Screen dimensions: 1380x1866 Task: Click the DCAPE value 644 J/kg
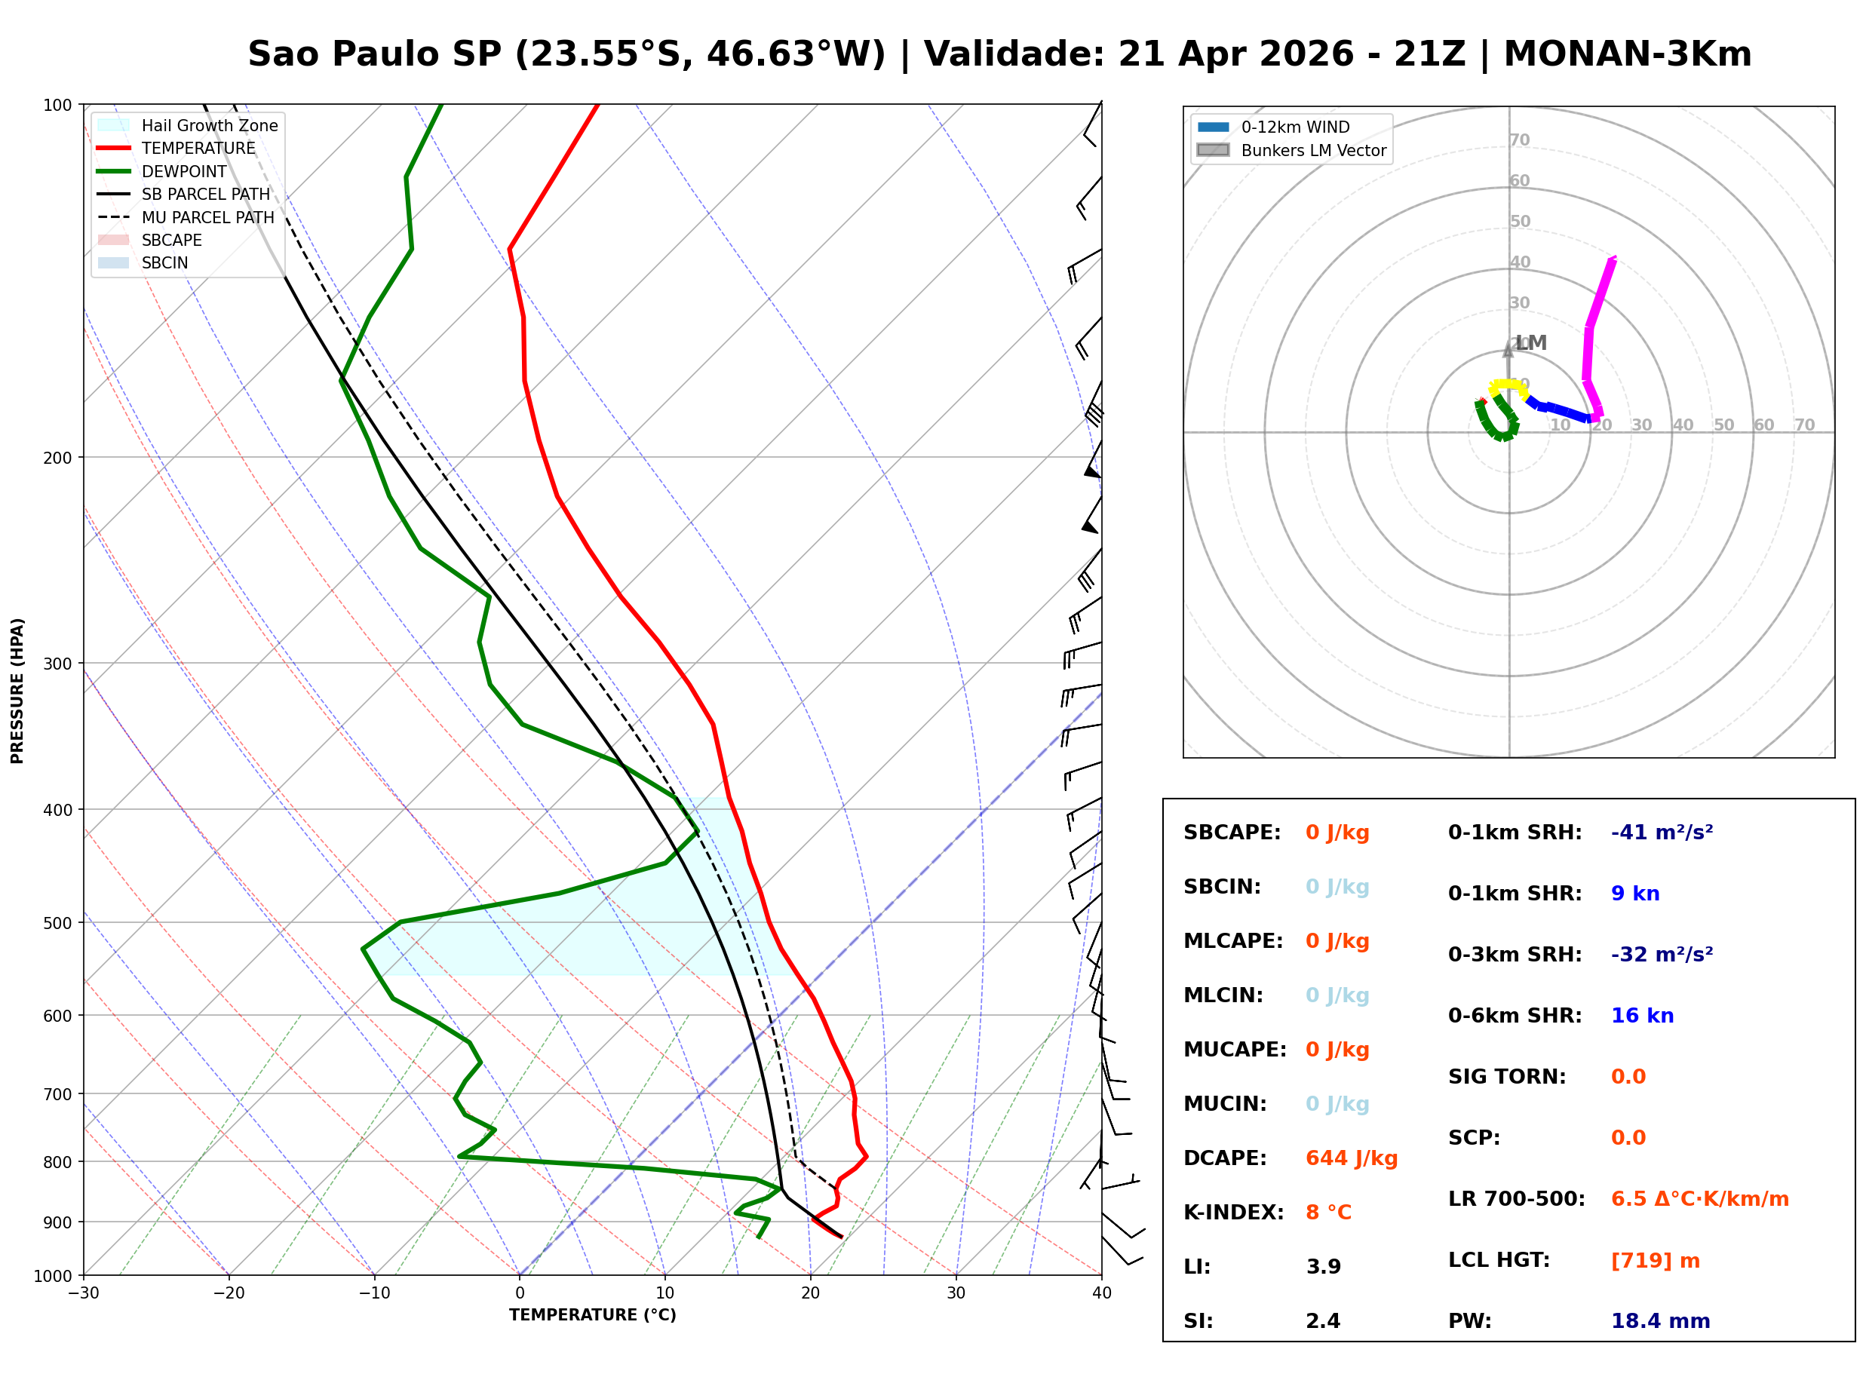1351,1158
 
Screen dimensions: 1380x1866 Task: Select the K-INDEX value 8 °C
1328,1212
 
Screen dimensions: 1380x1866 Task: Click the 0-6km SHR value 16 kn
1641,1015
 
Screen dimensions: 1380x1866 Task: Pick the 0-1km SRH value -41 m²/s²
1662,832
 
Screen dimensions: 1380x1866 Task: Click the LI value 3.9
1323,1266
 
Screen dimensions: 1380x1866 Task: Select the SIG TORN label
1507,1076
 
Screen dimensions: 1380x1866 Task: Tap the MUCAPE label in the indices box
1235,1049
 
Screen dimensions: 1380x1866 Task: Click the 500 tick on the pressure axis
57,923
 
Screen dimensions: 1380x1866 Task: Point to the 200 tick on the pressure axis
57,458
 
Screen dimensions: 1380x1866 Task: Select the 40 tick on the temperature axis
1101,1293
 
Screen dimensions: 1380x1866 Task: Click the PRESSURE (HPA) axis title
17,690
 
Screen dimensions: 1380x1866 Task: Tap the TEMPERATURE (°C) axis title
592,1315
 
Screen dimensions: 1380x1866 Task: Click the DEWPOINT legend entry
184,171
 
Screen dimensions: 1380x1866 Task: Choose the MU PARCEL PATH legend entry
207,217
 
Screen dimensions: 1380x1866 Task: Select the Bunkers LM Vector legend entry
1313,150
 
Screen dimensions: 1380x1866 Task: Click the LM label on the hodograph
1531,342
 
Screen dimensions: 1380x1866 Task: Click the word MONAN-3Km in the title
1626,54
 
